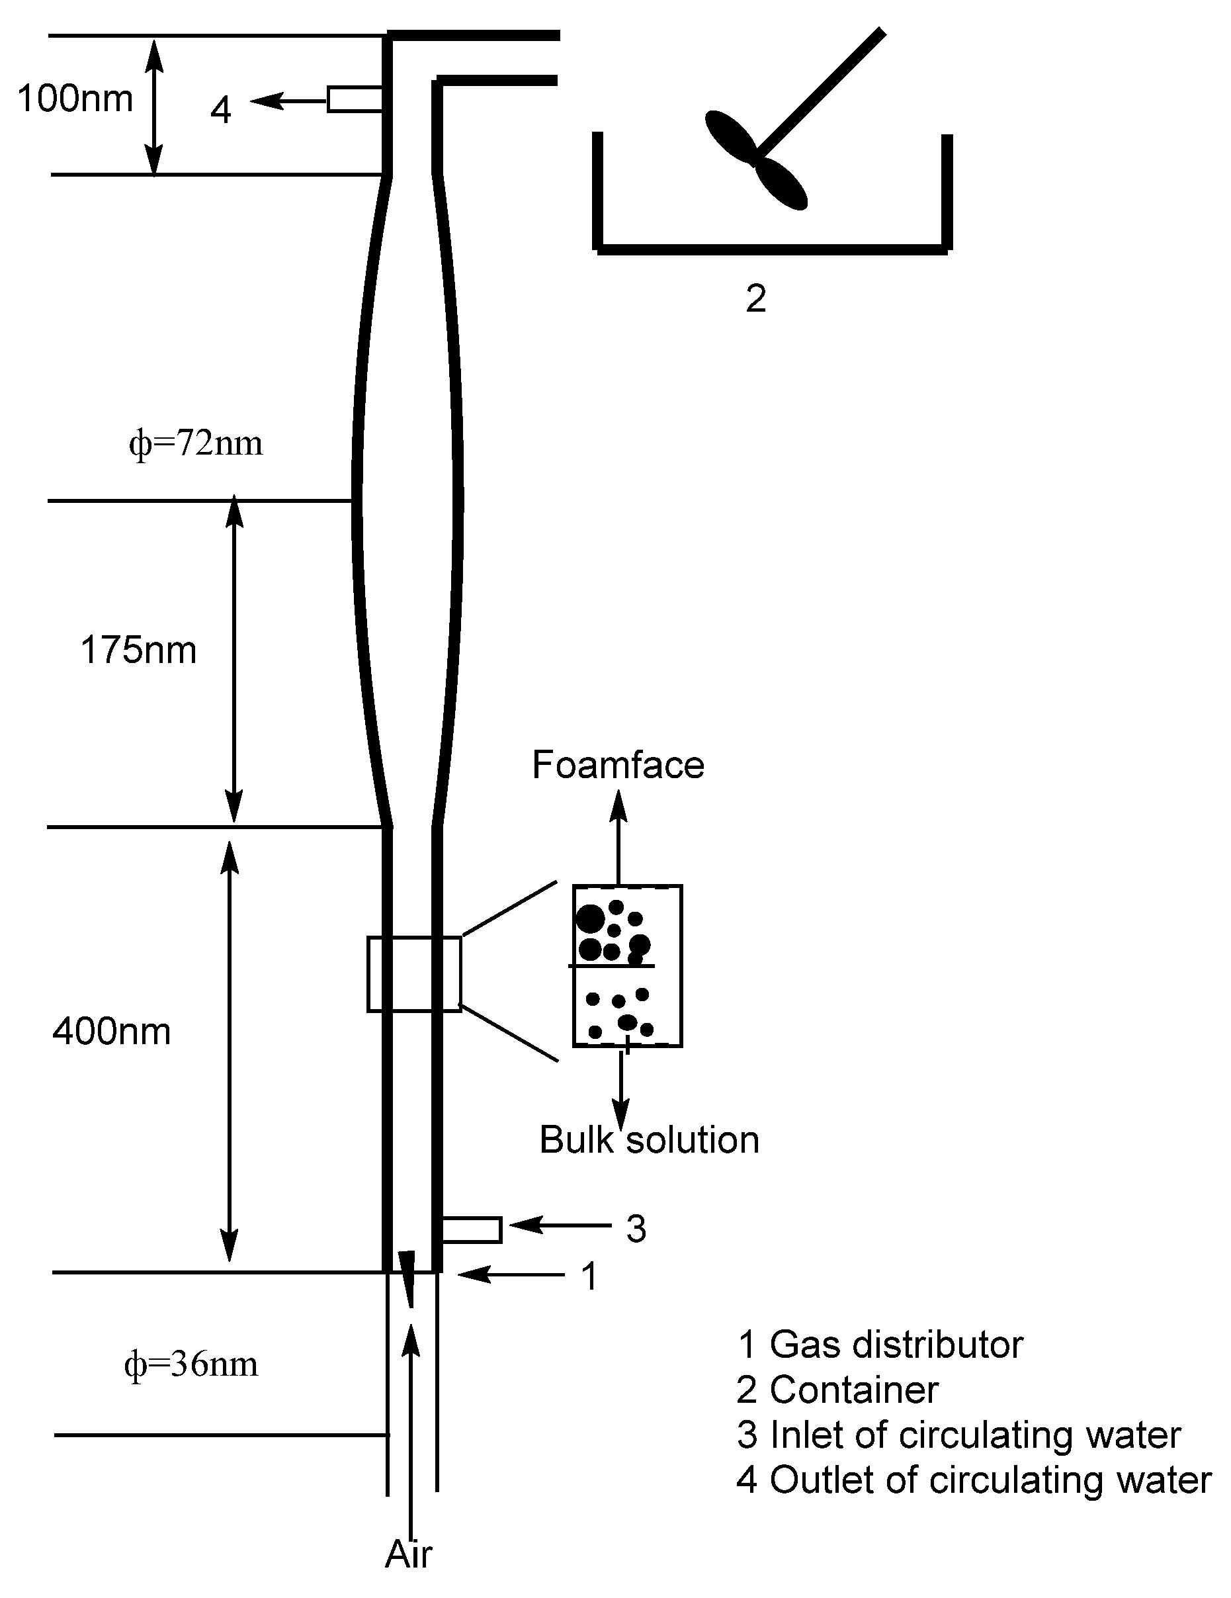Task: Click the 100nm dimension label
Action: pyautogui.click(x=75, y=99)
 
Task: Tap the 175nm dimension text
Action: pyautogui.click(x=138, y=650)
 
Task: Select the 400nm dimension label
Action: pyautogui.click(x=111, y=1032)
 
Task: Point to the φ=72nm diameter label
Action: pyautogui.click(x=195, y=443)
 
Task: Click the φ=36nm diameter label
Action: pyautogui.click(x=191, y=1364)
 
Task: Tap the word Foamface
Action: pyautogui.click(x=617, y=766)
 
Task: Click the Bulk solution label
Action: pyautogui.click(x=649, y=1140)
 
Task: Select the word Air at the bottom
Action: pyautogui.click(x=408, y=1554)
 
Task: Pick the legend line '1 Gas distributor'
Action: pyautogui.click(x=880, y=1345)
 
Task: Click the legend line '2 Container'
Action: pyautogui.click(x=837, y=1390)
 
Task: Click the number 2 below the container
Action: pyautogui.click(x=755, y=298)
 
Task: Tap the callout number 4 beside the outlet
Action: pyautogui.click(x=221, y=110)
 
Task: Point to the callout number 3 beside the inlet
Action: pyautogui.click(x=636, y=1229)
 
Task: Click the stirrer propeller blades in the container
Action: pyautogui.click(x=755, y=160)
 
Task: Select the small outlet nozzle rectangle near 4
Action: pyautogui.click(x=355, y=99)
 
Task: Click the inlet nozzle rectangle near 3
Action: pyautogui.click(x=472, y=1230)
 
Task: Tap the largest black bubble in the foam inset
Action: pyautogui.click(x=591, y=919)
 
